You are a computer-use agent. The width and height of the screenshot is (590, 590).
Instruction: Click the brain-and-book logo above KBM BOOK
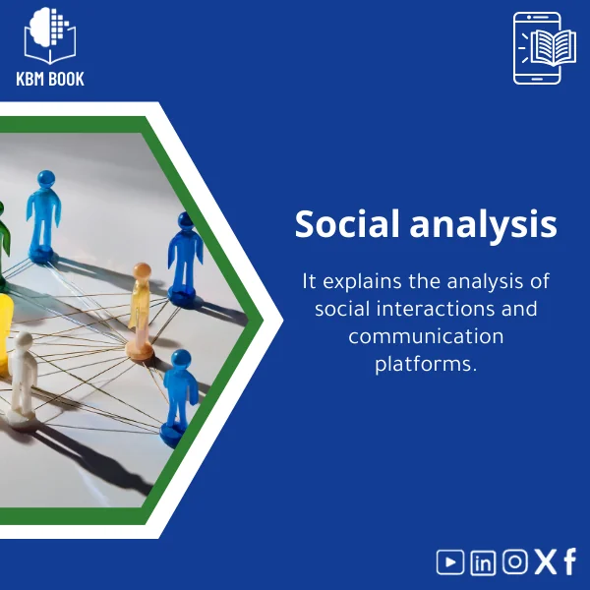pos(50,35)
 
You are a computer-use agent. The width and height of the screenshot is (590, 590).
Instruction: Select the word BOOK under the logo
pos(67,79)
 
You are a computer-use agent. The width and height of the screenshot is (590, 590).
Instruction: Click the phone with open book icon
pos(538,48)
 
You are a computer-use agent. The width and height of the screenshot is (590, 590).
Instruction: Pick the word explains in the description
pos(363,282)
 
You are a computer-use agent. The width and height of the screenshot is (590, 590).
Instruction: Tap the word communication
pos(426,336)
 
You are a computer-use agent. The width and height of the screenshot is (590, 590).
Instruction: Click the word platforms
pos(426,364)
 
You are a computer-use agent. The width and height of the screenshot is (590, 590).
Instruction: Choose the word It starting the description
pos(309,281)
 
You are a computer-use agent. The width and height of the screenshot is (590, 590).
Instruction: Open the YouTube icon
pos(450,561)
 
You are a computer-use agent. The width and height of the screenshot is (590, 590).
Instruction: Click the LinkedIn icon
pos(483,561)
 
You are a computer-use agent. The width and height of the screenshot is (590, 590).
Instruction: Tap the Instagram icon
pos(515,561)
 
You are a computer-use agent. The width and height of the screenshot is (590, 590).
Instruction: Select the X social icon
pos(545,561)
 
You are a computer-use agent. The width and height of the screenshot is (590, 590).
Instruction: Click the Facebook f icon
pos(569,561)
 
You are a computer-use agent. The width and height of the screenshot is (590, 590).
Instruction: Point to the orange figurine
pos(142,310)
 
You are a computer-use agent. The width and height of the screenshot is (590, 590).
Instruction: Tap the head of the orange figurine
pos(143,270)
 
